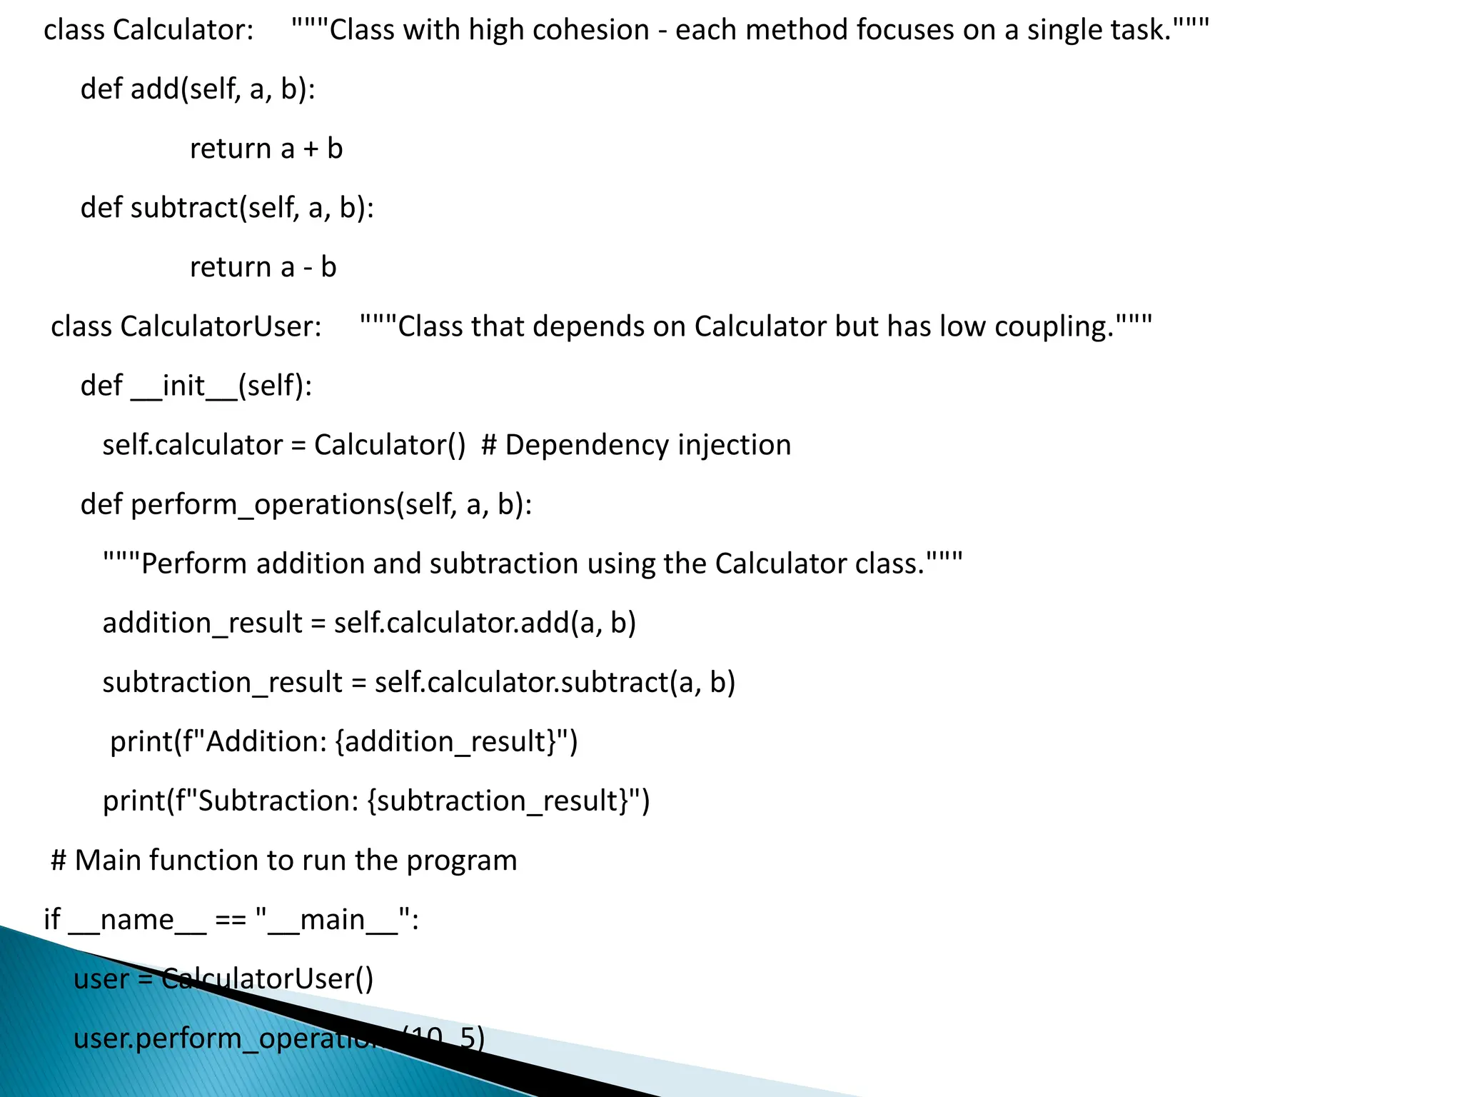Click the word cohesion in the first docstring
(590, 30)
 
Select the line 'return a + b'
(266, 149)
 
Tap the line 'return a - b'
(263, 267)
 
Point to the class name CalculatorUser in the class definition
(220, 326)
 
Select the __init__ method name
(183, 386)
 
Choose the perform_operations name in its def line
(263, 504)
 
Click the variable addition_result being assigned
(203, 623)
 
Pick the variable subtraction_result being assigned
(223, 682)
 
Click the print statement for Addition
(343, 741)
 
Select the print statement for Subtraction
(376, 801)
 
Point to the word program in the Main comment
(461, 860)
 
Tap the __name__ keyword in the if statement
(137, 919)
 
